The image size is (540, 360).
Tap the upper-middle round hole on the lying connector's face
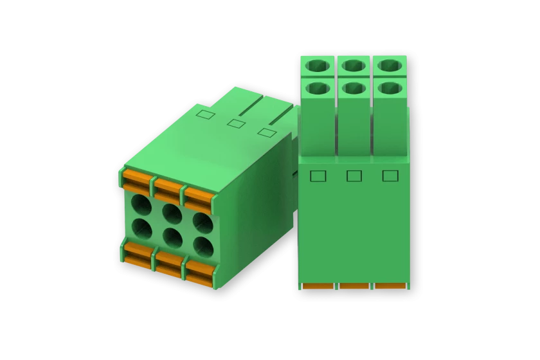[172, 213]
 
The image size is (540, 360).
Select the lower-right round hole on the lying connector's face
[203, 246]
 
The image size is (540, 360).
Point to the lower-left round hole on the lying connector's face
[141, 228]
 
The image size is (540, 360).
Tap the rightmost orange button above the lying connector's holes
[198, 197]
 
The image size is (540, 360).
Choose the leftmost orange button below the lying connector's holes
[136, 252]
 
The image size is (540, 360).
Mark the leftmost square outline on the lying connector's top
[205, 114]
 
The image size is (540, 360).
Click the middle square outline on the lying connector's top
[237, 123]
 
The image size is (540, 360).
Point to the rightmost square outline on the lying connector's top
[267, 132]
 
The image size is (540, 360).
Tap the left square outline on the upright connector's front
[318, 176]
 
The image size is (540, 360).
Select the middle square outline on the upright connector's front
[354, 176]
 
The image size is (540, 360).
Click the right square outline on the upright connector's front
[390, 176]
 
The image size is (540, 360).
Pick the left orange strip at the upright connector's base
[318, 286]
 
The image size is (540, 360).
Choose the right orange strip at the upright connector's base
[390, 286]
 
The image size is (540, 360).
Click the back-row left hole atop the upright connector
[317, 66]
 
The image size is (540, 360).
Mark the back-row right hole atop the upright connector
[390, 66]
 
